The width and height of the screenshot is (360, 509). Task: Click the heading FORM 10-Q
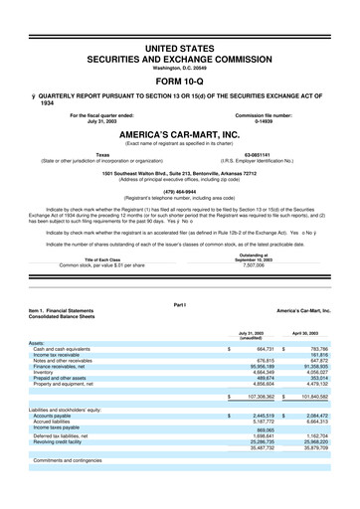(x=179, y=81)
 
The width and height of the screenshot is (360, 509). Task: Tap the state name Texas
(x=102, y=154)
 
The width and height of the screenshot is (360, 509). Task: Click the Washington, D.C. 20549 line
(x=179, y=67)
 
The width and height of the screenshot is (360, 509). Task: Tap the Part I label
(x=179, y=331)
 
